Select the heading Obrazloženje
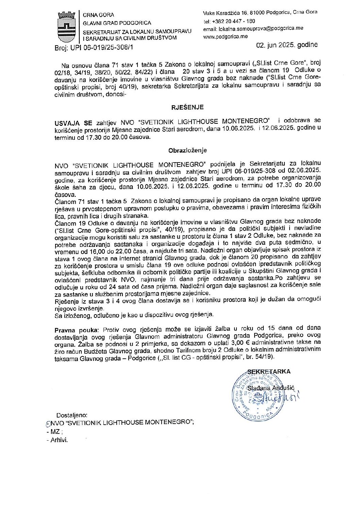tap(187, 150)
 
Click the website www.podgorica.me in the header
tap(225, 36)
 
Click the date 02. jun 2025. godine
tap(287, 45)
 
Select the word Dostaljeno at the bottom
tap(72, 415)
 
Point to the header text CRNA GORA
tap(99, 15)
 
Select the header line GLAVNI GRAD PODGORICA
tap(117, 23)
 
